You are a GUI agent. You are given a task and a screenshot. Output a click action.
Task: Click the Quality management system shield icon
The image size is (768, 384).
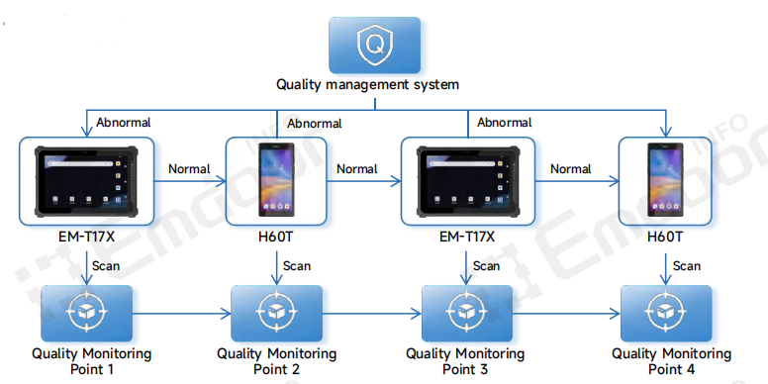click(374, 44)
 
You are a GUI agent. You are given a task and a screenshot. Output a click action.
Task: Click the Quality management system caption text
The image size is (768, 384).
click(367, 85)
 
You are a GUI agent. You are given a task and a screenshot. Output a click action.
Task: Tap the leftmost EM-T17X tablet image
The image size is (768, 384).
click(86, 179)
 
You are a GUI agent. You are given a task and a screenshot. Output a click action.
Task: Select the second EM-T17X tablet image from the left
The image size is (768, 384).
click(468, 179)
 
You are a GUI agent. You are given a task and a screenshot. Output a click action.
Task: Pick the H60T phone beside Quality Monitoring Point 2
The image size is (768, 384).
click(276, 179)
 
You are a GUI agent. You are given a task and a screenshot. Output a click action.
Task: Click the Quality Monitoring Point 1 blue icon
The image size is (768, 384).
click(86, 312)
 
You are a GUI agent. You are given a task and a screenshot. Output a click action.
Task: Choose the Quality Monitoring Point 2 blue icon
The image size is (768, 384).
click(276, 312)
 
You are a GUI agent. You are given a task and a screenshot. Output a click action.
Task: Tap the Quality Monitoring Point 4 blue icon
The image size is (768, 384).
click(666, 312)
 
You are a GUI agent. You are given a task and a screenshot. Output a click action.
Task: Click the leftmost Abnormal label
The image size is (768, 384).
click(123, 123)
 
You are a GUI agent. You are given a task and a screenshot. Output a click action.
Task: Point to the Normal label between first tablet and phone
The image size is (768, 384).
click(189, 169)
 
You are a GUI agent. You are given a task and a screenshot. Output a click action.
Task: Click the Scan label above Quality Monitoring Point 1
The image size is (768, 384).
click(105, 265)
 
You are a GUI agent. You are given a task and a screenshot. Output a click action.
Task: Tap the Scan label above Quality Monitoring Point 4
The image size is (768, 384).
click(687, 265)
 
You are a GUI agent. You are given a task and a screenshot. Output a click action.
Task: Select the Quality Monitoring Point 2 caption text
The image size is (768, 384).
click(276, 361)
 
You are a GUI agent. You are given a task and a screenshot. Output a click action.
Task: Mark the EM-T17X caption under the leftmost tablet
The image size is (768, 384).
click(86, 239)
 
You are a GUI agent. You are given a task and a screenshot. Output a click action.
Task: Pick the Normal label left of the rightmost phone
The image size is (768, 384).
click(571, 169)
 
